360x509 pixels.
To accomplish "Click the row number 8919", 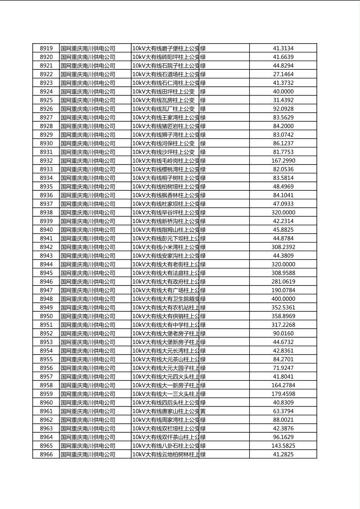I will tap(46, 48).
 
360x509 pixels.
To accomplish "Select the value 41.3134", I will tap(283, 48).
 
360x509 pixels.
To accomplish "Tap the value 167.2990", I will tap(283, 161).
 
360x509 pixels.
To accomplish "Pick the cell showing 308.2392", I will tap(283, 247).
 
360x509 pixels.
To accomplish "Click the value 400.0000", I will tap(283, 299).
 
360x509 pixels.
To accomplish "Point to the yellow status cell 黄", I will tap(203, 411).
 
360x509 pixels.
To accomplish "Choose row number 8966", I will tap(46, 454).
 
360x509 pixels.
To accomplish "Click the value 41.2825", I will tap(283, 454).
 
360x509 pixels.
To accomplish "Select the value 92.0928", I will tap(283, 109).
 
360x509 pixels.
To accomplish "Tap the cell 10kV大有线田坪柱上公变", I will tap(163, 92).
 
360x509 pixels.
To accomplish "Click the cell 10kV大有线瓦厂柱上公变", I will tap(163, 109).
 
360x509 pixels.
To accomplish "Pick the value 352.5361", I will tap(283, 307).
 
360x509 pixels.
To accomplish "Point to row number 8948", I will tap(46, 299).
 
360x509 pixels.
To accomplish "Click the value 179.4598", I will tap(283, 394).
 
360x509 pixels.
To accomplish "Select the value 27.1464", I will tap(283, 74).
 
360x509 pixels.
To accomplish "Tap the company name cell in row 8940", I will tap(88, 230).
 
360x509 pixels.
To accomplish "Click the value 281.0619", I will tap(283, 282).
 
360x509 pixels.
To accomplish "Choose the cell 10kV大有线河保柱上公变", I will tap(163, 143).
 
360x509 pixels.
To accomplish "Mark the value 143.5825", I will tap(283, 446).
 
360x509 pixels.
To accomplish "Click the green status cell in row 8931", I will tap(203, 152).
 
